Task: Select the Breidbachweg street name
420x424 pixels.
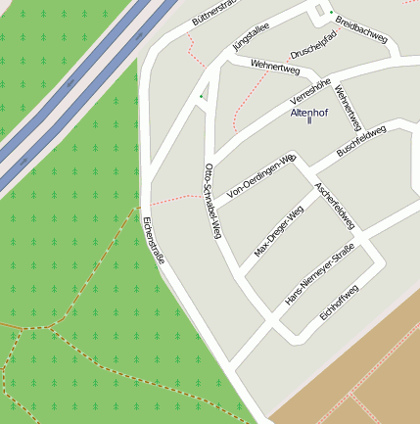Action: (x=361, y=28)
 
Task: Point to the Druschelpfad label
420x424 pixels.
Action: (x=313, y=44)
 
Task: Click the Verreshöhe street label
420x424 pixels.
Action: (x=312, y=92)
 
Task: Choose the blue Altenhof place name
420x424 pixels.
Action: (x=309, y=113)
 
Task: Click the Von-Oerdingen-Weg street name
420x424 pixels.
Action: (x=260, y=177)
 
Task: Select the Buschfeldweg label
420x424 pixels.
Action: (x=361, y=141)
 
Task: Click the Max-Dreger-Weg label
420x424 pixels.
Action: (x=279, y=231)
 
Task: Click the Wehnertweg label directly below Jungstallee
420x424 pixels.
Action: (x=274, y=67)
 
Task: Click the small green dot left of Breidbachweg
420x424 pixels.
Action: (x=317, y=12)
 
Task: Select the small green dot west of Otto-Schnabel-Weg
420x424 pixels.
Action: (x=202, y=96)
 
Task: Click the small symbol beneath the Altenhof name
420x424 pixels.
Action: (x=309, y=121)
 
